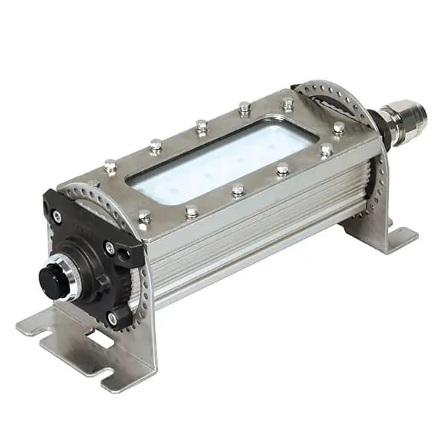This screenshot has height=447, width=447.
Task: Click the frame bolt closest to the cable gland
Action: [339, 127]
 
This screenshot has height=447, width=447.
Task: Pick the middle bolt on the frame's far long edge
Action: [201, 126]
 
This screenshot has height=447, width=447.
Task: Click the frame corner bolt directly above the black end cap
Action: [145, 216]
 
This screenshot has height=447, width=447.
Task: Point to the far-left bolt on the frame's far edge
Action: [110, 165]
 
